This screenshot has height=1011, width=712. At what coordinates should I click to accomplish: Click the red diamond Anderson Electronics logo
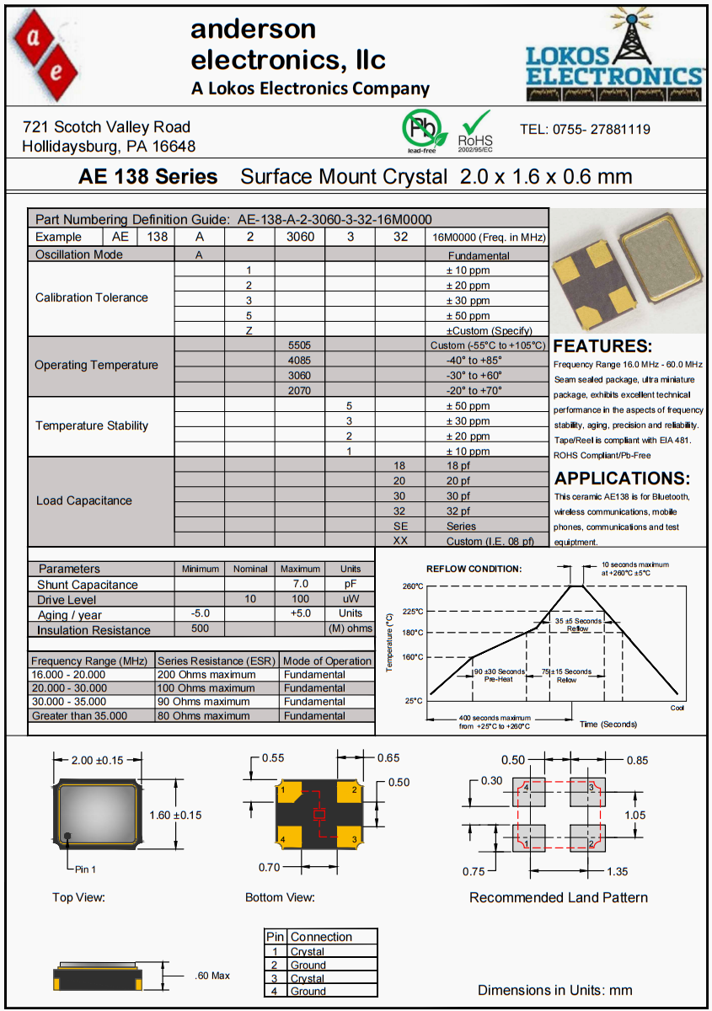pos(46,56)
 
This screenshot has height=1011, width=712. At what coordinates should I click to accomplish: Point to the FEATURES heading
pos(602,346)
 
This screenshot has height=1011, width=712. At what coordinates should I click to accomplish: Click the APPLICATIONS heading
pos(622,479)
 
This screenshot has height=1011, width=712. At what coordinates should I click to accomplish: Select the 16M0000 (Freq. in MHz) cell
pos(488,238)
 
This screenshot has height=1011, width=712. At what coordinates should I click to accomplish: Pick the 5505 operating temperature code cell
pos(300,345)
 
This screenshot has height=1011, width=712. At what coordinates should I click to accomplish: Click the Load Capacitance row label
pos(84,500)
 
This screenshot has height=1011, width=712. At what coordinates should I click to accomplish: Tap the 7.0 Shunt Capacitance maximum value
pos(300,584)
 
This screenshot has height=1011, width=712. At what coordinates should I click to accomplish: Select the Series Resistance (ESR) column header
pos(217,661)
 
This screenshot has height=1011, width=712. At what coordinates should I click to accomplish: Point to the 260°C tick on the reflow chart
pos(413,586)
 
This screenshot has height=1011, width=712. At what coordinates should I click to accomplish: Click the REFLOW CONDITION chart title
pos(474,570)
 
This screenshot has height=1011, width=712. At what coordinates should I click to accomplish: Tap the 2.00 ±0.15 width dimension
pos(97,760)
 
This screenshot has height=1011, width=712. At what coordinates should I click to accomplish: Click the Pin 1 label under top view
pos(85,869)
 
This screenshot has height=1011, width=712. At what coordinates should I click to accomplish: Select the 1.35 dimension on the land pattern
pos(618,871)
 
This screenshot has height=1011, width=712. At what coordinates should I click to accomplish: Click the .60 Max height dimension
pos(211,976)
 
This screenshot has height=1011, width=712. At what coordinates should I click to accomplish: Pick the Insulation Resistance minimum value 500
pos(200,629)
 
